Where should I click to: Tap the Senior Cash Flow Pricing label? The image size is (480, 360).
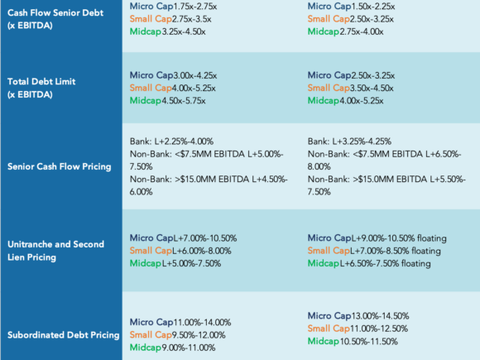60,166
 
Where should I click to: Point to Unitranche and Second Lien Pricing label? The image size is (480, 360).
55,251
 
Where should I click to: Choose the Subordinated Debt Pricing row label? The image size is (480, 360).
64,335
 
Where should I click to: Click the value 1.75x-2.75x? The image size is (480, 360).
195,7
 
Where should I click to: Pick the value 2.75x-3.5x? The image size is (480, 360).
192,19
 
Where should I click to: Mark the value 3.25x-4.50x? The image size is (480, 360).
184,31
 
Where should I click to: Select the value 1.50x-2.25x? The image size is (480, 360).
373,7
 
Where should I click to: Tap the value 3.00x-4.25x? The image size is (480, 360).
195,75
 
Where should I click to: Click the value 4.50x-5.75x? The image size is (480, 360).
184,101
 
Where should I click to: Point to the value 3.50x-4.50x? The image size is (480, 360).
372,89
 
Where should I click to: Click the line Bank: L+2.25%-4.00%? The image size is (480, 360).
172,142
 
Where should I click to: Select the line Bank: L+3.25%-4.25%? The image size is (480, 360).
349,142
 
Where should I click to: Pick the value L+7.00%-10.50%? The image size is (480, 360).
205,238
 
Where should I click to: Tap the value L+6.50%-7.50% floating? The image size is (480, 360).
386,263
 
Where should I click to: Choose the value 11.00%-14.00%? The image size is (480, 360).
203,323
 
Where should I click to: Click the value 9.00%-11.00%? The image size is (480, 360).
189,348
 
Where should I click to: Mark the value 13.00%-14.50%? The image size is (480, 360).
380,316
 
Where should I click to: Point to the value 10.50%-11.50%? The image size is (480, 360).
369,341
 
